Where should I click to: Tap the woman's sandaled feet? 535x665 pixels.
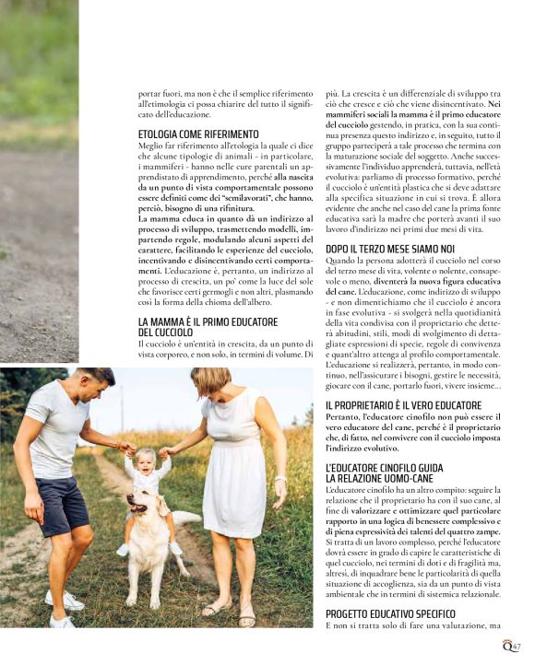(231, 610)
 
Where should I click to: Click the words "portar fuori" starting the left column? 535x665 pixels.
(158, 95)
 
